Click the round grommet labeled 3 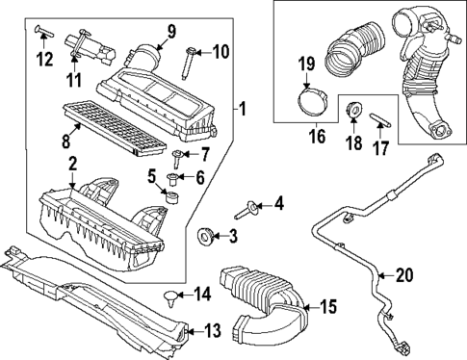point(205,235)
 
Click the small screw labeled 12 point(39,31)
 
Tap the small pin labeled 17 point(380,120)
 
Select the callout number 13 point(212,330)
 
